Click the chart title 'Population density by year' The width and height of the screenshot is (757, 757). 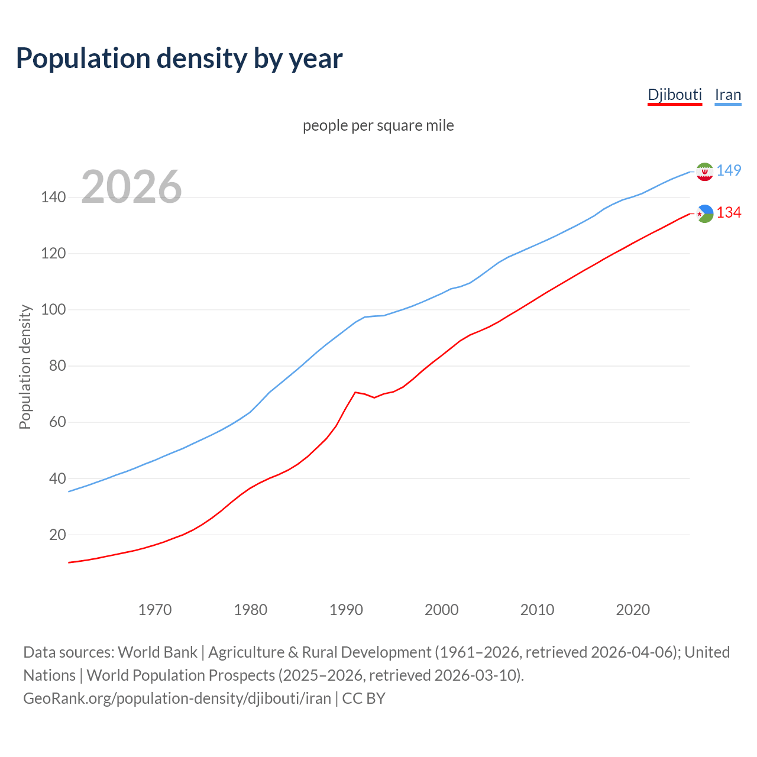[x=179, y=59]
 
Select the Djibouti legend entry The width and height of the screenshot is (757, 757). [x=674, y=95]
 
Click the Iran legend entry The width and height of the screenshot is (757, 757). [x=727, y=95]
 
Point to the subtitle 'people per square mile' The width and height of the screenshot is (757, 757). [x=378, y=125]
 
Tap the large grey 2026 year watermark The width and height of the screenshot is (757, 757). [x=131, y=187]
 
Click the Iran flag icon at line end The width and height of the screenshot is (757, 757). [x=704, y=172]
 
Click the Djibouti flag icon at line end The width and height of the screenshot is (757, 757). [x=704, y=213]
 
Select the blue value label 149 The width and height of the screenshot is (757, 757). [x=729, y=170]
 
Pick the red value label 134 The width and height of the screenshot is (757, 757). [x=729, y=212]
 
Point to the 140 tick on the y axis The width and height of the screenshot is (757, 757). [x=53, y=197]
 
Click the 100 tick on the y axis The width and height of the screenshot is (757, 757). [x=53, y=309]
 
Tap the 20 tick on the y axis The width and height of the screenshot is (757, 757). [x=57, y=535]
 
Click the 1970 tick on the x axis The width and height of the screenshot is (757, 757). [x=155, y=610]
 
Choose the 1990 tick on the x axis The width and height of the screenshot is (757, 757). [x=346, y=610]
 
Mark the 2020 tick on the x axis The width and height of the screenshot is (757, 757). [x=633, y=610]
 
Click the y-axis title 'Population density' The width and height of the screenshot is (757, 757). [x=25, y=367]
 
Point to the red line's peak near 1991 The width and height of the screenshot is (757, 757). [x=355, y=392]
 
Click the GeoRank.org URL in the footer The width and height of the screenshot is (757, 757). [x=177, y=698]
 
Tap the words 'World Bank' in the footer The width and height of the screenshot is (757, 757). [x=157, y=652]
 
